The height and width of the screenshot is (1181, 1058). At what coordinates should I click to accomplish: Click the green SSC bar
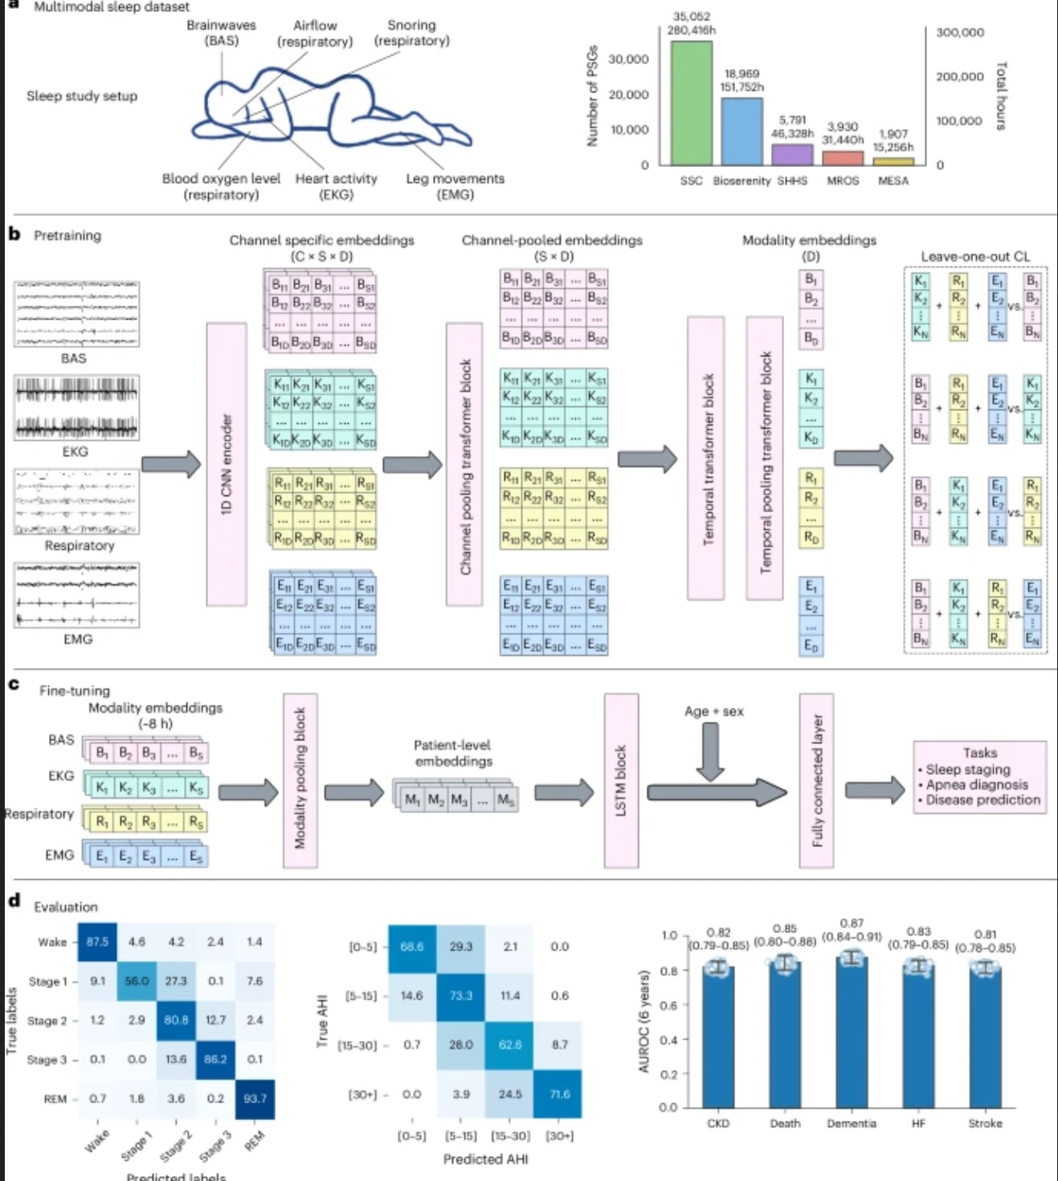[692, 104]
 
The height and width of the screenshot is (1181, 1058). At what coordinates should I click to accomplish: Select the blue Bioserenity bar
[741, 132]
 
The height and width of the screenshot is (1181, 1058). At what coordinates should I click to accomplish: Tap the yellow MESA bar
[893, 161]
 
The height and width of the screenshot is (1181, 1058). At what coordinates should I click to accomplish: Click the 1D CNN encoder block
[227, 464]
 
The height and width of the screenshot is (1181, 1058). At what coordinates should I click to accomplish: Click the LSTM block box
[621, 780]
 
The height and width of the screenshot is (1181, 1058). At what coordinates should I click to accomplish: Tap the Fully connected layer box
[817, 780]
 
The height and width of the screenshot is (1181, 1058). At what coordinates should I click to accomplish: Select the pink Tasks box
[979, 777]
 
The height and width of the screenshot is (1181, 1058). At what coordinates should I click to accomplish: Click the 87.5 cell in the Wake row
[97, 942]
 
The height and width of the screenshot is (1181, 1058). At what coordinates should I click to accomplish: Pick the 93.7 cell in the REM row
[255, 1098]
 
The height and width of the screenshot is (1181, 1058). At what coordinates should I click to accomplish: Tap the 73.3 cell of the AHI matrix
[460, 996]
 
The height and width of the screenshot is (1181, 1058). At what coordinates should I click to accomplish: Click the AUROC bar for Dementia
[852, 1036]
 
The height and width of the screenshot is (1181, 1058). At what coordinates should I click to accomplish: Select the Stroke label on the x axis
[985, 1123]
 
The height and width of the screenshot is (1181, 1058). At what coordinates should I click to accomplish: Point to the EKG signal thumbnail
[76, 408]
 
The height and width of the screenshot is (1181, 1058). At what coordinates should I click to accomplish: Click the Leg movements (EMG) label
[455, 186]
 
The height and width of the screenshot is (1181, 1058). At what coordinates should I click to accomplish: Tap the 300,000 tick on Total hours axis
[959, 33]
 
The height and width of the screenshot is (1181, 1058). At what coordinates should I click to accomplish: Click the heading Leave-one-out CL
[974, 256]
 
